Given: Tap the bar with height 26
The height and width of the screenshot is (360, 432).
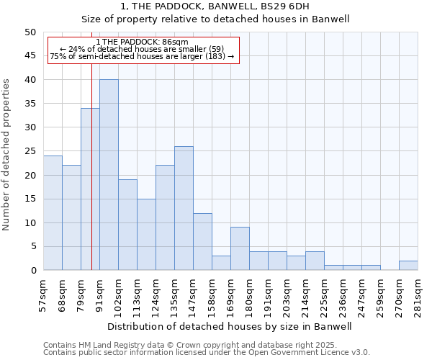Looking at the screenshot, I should pyautogui.click(x=184, y=208).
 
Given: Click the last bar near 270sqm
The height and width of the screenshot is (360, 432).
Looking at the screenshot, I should pyautogui.click(x=408, y=266).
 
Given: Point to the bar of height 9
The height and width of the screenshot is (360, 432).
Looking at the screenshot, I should pyautogui.click(x=240, y=248).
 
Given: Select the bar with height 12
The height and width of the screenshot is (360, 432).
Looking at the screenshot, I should pyautogui.click(x=202, y=241).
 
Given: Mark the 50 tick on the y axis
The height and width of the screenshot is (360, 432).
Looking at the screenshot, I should pyautogui.click(x=30, y=32).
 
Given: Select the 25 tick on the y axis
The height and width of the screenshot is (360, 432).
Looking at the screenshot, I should pyautogui.click(x=30, y=151).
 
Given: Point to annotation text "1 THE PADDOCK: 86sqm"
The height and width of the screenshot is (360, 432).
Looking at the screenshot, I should pyautogui.click(x=142, y=42).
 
